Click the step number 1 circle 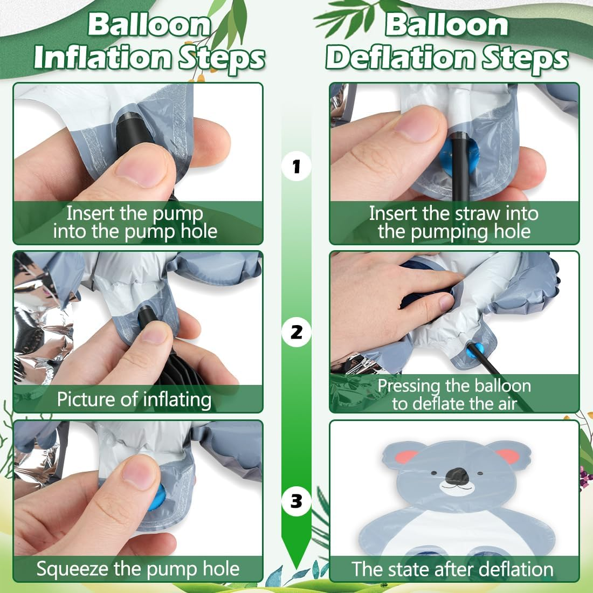pos(296,166)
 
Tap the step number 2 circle pos(296,333)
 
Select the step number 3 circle pos(296,501)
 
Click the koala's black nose pos(457,476)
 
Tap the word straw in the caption pos(477,213)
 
